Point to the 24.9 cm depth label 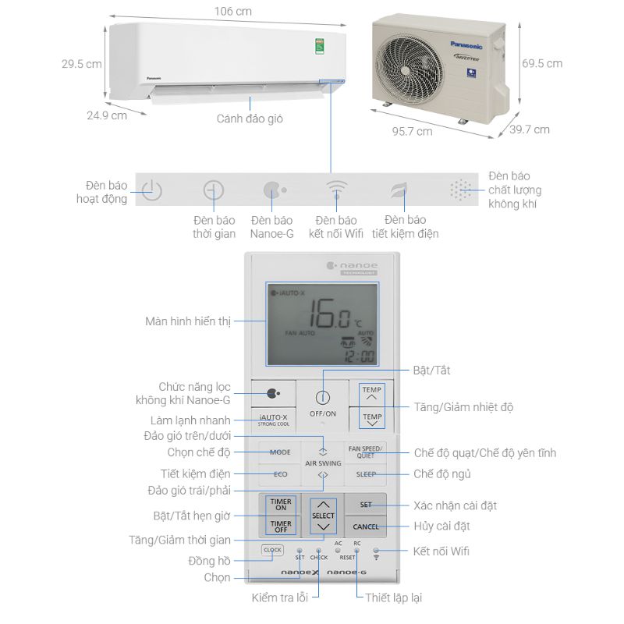(107, 115)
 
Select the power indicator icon (151, 190)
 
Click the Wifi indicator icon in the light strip (336, 190)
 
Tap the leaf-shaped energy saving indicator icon (399, 190)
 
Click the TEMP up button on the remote (372, 393)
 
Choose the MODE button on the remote (280, 452)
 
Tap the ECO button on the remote (280, 473)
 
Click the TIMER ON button (281, 504)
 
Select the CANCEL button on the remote (366, 526)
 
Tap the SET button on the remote (366, 505)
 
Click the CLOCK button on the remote (272, 550)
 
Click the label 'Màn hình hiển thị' (188, 321)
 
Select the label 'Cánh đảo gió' (250, 119)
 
